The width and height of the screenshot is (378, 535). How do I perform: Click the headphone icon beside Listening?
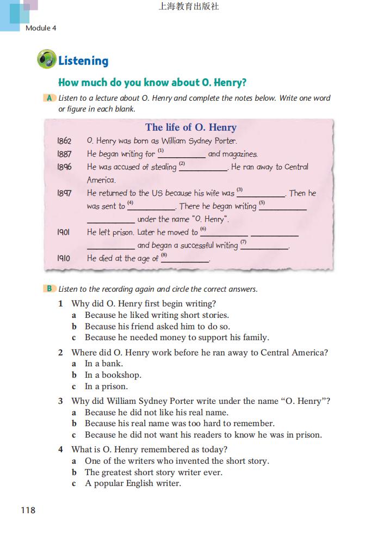[46, 59]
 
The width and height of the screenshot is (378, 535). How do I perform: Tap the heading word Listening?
[83, 61]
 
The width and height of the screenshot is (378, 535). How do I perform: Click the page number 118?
[28, 510]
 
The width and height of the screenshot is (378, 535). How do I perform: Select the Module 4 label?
[41, 28]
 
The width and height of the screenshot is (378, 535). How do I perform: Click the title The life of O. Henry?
[191, 127]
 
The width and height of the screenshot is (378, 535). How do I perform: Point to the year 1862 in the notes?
[64, 141]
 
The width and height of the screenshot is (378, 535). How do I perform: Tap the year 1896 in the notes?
[64, 167]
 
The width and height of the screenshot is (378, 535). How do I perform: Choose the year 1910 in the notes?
[64, 259]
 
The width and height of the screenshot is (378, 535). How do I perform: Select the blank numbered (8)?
[185, 260]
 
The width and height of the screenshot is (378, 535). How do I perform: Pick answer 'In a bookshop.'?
[113, 375]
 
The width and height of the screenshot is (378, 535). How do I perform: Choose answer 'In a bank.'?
[103, 364]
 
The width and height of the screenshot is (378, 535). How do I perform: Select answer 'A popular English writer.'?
[133, 483]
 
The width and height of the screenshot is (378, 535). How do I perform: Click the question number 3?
[61, 401]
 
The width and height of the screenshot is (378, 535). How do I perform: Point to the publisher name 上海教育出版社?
[188, 7]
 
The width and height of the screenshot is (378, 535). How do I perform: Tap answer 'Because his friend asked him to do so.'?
[157, 327]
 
